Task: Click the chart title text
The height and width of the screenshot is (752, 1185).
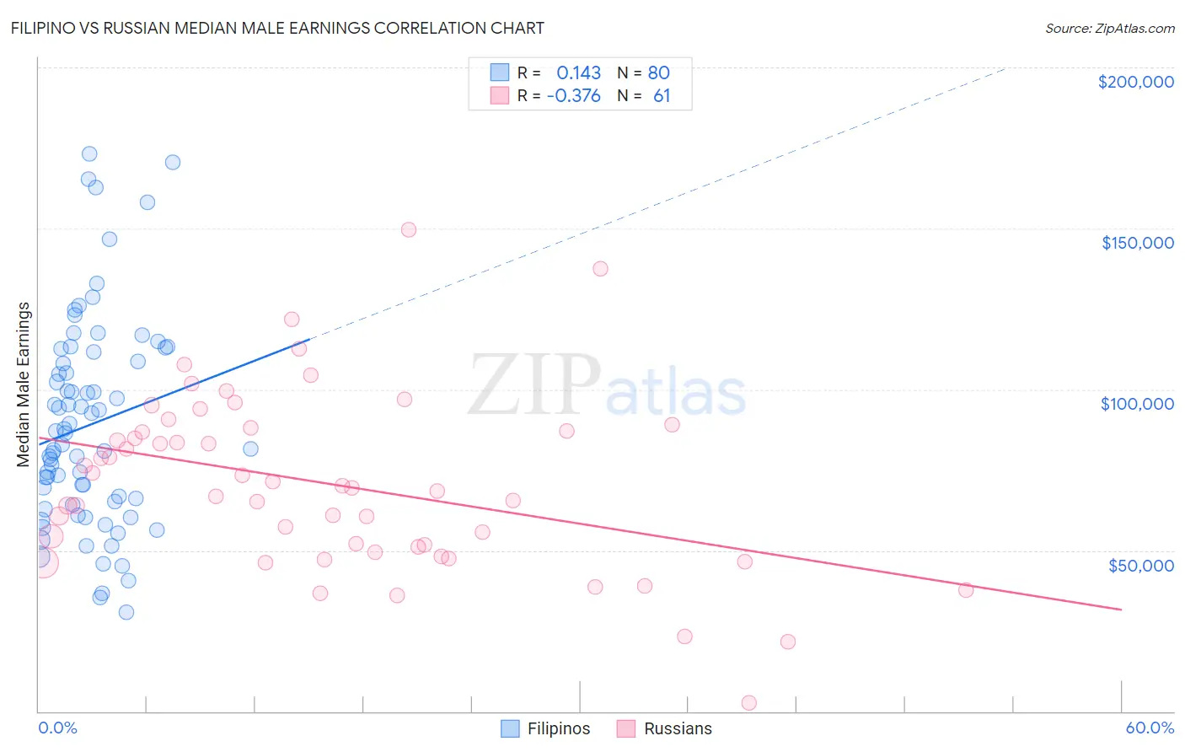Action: tap(277, 28)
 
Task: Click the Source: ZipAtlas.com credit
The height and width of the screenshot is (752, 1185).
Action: tap(1109, 28)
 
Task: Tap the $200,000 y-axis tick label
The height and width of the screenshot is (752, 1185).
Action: tap(1135, 82)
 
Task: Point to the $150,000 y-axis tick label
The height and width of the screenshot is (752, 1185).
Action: tap(1137, 243)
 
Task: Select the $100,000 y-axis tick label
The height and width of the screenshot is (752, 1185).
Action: tap(1137, 404)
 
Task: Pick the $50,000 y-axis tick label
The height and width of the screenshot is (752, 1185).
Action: tap(1140, 565)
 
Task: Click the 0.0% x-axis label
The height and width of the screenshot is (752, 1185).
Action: tap(57, 728)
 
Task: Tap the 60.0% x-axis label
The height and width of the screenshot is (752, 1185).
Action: tap(1149, 728)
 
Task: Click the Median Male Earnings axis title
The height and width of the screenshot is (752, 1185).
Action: tap(24, 384)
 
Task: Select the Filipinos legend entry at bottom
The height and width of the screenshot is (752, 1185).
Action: tap(545, 728)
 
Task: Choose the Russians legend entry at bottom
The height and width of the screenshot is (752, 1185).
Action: tap(664, 728)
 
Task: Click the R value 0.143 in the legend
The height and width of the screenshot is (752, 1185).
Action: tap(578, 73)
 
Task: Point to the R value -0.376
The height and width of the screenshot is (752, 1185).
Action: tap(573, 95)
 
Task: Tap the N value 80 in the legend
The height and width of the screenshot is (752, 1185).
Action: tap(658, 73)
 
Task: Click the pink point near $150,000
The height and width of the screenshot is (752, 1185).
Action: tap(409, 229)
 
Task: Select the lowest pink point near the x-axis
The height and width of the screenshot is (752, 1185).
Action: tap(748, 702)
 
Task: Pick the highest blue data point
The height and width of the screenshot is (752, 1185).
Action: tap(89, 153)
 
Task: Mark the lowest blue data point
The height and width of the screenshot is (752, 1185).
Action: tap(126, 612)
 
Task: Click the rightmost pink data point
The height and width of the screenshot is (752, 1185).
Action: tap(966, 589)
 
